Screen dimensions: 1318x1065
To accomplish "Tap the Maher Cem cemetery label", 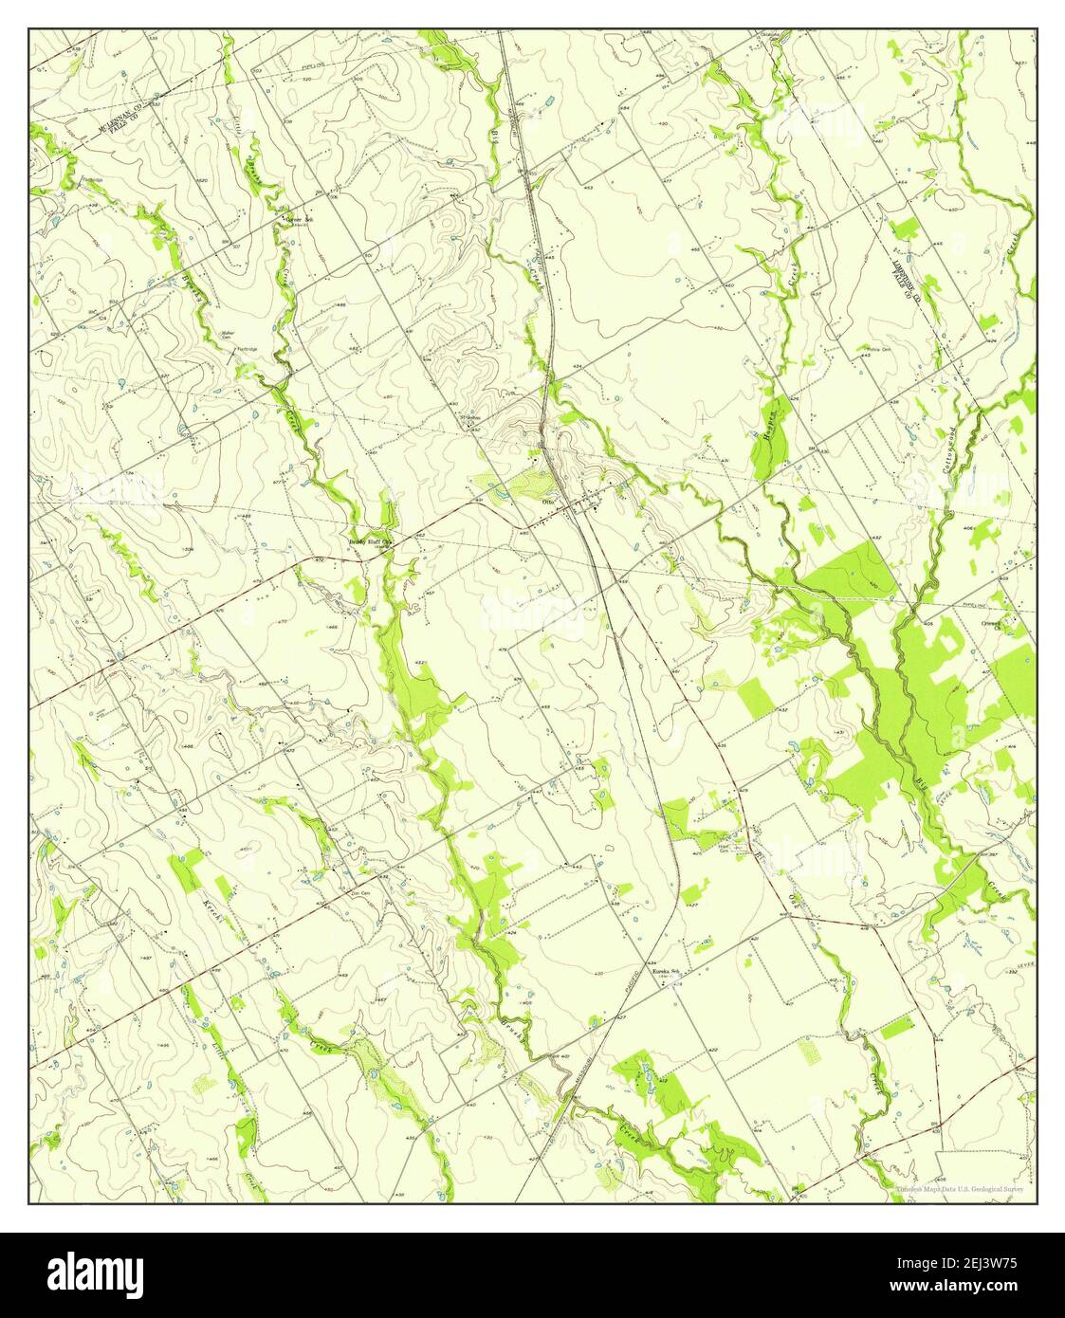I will [228, 333].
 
